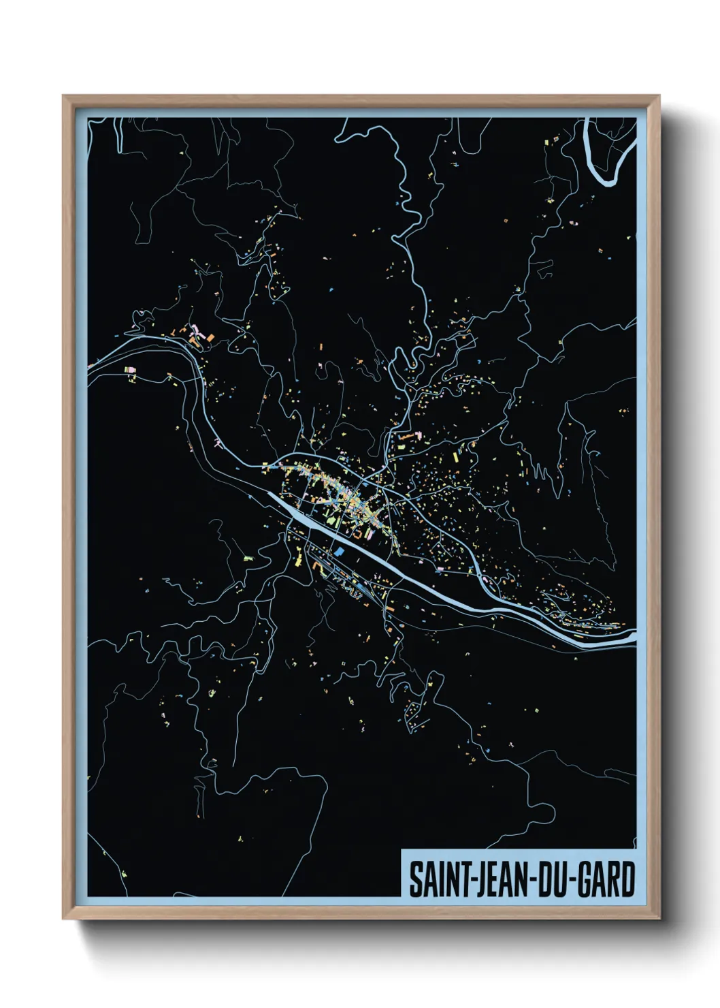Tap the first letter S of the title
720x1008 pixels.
[414, 879]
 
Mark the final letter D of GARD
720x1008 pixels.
[627, 879]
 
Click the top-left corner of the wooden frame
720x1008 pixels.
[63, 96]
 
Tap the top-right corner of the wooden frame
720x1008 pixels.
[659, 96]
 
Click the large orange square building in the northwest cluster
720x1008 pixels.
[210, 337]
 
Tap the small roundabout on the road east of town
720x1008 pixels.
[488, 580]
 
